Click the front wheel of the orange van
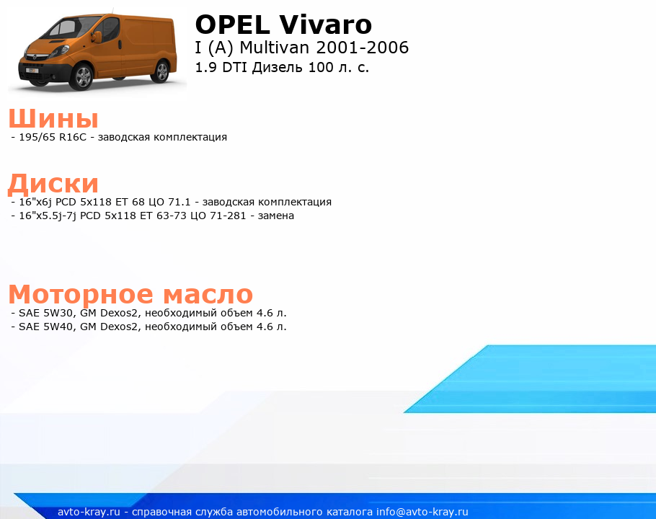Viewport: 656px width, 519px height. pos(82,76)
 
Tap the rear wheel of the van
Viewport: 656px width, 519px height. pos(161,71)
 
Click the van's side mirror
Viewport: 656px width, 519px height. pos(98,36)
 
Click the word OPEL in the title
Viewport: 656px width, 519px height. pos(233,25)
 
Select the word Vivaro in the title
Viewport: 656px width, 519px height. pos(326,25)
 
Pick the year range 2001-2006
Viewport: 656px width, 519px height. pos(363,48)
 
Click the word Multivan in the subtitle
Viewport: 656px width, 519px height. pos(274,48)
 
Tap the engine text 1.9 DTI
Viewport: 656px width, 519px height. pos(221,67)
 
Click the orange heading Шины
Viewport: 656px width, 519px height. pos(53,118)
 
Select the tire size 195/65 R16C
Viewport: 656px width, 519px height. pos(53,137)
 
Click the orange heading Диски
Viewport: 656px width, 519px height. pos(53,184)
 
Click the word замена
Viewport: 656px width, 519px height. pos(275,216)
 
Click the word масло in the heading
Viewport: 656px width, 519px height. pos(208,294)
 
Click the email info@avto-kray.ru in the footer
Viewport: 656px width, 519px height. pos(422,512)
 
